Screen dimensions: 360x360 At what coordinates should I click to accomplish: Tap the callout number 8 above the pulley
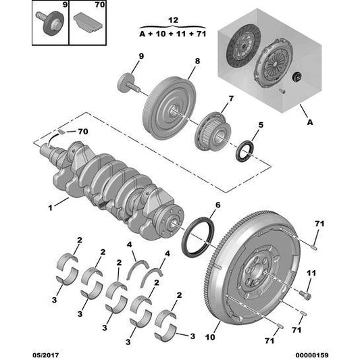[x=197, y=62]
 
